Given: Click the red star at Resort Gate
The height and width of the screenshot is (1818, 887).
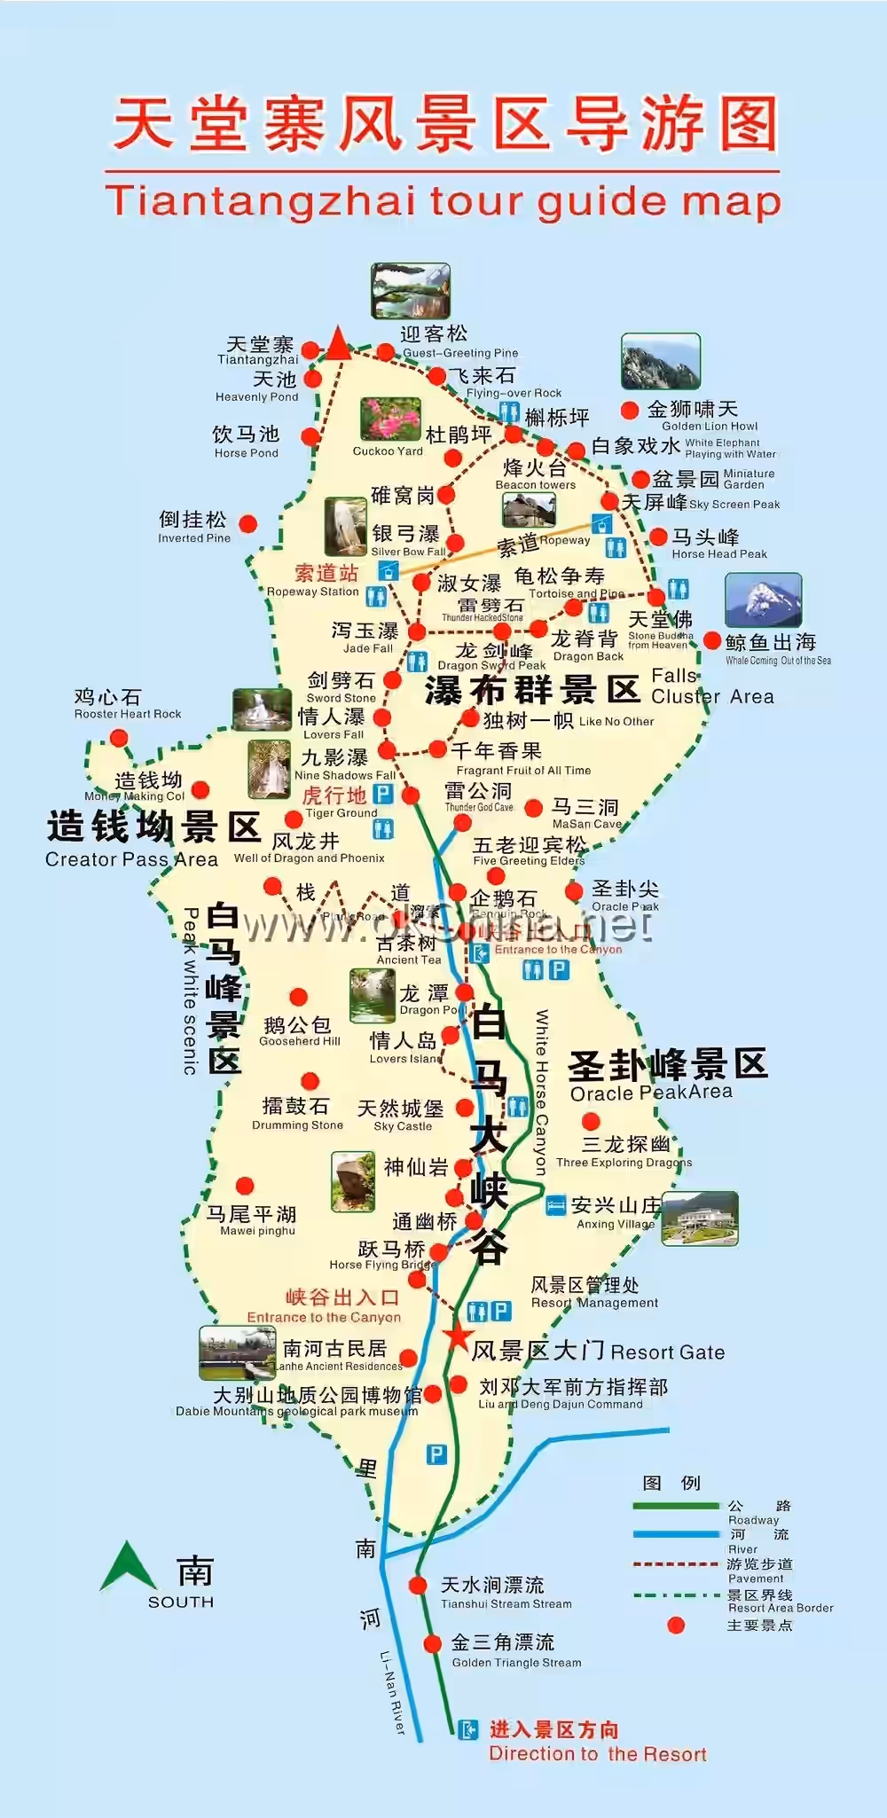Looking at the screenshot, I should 458,1336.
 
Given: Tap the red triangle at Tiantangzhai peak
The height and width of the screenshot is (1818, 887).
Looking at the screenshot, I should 338,343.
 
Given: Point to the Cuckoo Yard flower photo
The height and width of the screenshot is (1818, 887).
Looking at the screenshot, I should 390,419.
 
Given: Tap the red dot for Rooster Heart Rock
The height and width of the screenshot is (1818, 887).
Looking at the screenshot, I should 119,738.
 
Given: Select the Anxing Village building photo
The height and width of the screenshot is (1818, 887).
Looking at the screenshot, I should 700,1218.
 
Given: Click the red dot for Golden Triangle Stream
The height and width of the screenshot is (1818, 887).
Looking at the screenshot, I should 433,1643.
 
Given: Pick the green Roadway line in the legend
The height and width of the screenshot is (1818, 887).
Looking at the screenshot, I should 676,1506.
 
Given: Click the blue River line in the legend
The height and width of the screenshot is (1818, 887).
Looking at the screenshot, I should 676,1534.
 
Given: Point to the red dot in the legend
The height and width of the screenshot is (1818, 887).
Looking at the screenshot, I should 676,1625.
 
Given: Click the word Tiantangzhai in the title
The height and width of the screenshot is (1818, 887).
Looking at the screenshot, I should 261,201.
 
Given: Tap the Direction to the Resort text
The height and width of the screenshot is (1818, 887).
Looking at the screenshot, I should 597,1753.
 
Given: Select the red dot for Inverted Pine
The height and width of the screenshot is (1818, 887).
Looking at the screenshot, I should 248,524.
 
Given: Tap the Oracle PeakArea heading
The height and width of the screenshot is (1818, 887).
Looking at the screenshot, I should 652,1093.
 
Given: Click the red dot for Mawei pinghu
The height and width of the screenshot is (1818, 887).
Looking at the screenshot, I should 245,1186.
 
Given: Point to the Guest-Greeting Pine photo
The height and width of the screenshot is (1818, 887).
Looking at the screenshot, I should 411,290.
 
